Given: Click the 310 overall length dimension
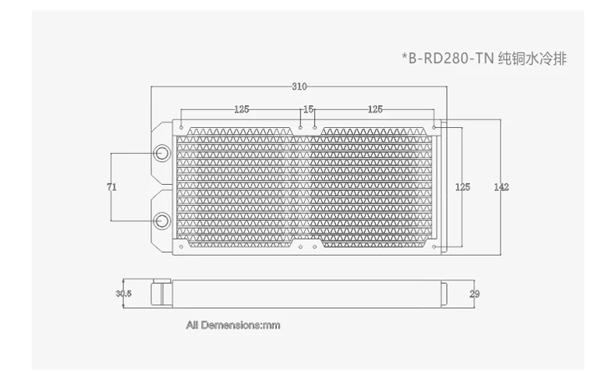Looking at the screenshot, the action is pyautogui.click(x=299, y=87).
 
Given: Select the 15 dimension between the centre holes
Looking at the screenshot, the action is pyautogui.click(x=309, y=109).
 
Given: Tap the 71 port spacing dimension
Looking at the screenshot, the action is pyautogui.click(x=112, y=187).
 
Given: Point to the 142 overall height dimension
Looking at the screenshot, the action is pyautogui.click(x=501, y=187).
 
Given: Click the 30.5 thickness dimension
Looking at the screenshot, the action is pyautogui.click(x=124, y=293).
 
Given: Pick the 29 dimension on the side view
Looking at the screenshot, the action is pyautogui.click(x=475, y=294).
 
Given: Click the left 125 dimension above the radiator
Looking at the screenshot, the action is pyautogui.click(x=242, y=109).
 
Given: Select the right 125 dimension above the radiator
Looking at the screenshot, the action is pyautogui.click(x=375, y=109).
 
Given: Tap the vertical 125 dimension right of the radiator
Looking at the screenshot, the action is pyautogui.click(x=462, y=187).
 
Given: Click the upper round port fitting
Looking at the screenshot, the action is pyautogui.click(x=161, y=153).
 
